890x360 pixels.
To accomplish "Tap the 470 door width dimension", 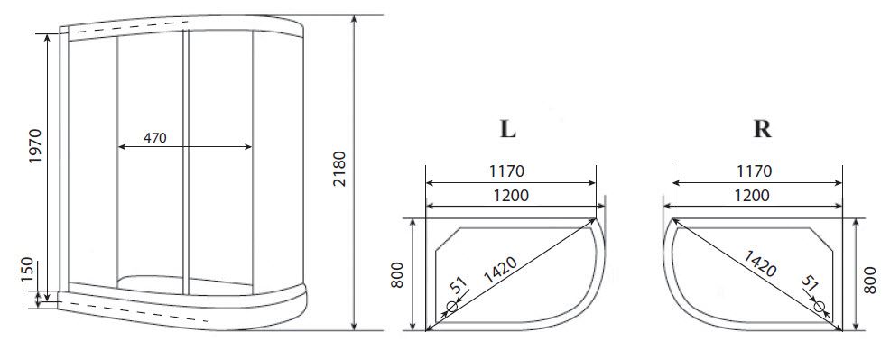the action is (155, 138).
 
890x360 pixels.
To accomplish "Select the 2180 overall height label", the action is (338, 169).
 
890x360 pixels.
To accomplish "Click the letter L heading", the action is (507, 129).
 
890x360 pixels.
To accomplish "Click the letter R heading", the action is (762, 129).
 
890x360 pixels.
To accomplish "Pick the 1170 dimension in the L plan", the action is (506, 171).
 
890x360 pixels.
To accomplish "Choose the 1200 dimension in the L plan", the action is (510, 196).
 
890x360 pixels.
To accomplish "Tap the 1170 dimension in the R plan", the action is (754, 171).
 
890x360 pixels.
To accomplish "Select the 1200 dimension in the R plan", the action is (752, 196).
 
